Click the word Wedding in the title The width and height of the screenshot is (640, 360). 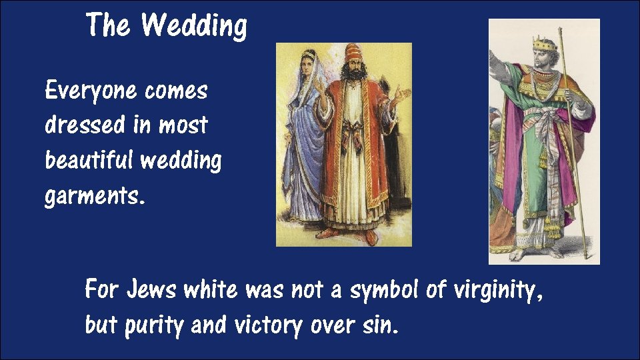[x=194, y=26]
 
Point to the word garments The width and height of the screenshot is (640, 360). [x=94, y=196]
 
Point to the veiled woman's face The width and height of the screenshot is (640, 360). [x=309, y=63]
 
